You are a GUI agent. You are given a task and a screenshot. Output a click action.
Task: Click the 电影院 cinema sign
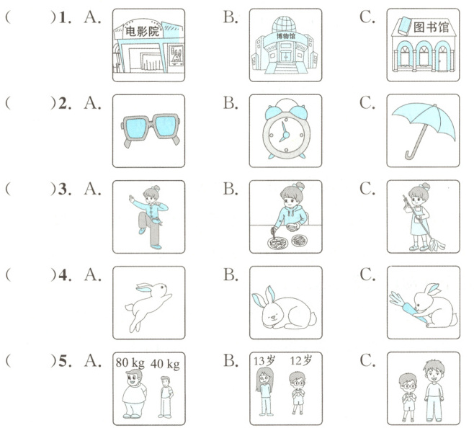[x=142, y=31]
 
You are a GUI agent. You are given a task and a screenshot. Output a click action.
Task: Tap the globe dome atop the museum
[x=284, y=24]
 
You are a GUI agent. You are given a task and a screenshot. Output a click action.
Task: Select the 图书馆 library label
[x=431, y=27]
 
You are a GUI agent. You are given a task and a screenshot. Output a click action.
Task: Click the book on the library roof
[x=404, y=26]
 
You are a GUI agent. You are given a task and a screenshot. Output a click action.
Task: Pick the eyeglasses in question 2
[x=151, y=129]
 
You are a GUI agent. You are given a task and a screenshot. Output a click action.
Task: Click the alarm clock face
[x=286, y=135]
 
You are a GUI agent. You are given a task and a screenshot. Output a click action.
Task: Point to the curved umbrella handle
[x=410, y=155]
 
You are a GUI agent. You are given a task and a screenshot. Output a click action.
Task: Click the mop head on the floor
[x=437, y=244]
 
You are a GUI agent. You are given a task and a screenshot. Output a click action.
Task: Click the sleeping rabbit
[x=284, y=308]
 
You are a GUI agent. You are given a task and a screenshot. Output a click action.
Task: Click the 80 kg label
[x=130, y=362]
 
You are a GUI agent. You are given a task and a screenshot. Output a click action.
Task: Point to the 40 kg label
[x=165, y=364]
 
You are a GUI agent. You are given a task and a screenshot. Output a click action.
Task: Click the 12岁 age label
[x=301, y=360]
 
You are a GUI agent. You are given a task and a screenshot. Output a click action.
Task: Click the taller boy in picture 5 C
[x=434, y=391]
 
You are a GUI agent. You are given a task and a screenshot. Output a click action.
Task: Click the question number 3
[x=63, y=190]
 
